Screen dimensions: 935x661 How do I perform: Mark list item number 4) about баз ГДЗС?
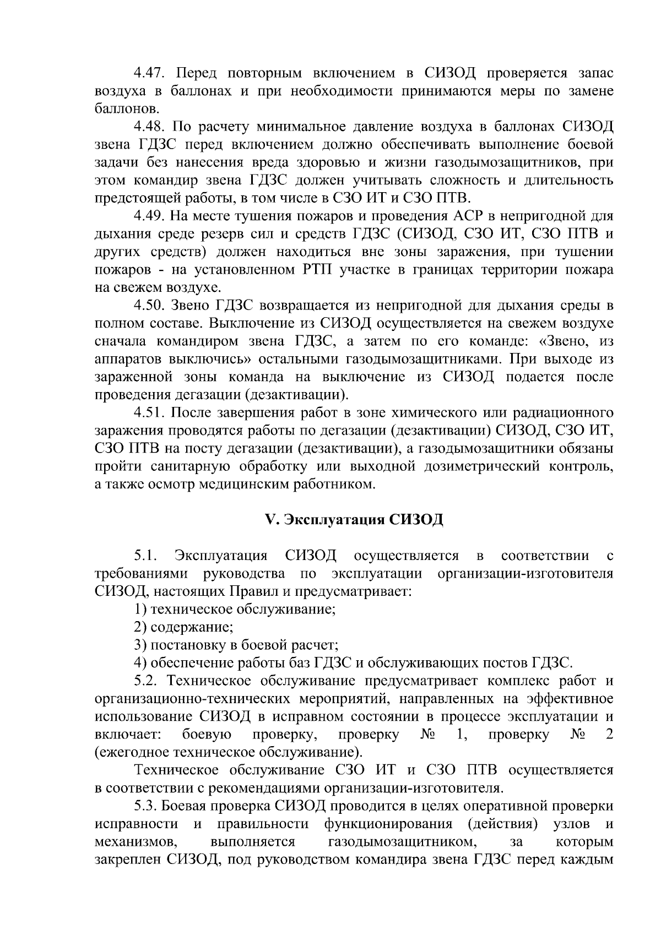point(140,663)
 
